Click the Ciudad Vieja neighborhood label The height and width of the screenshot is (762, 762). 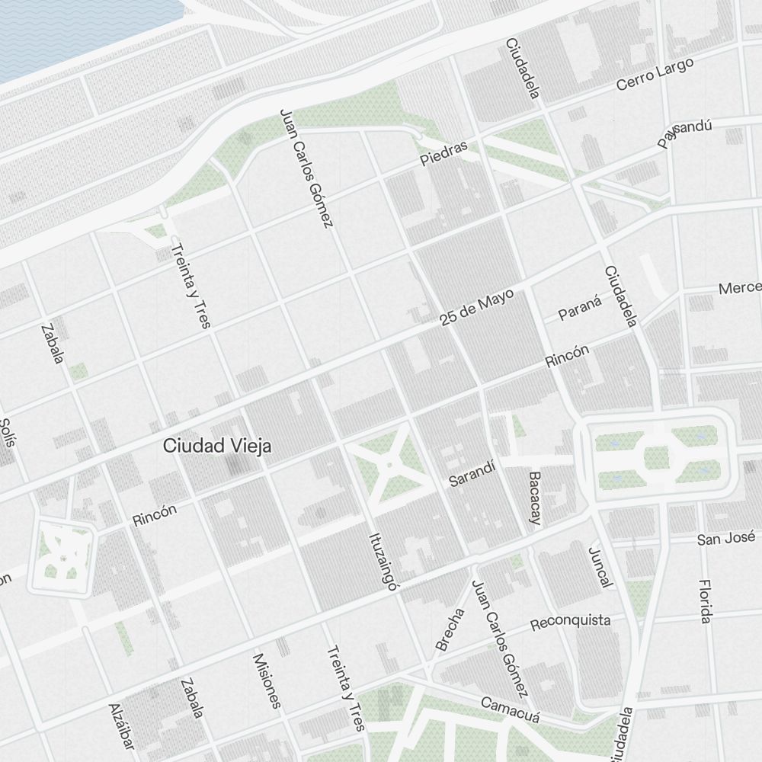(x=217, y=447)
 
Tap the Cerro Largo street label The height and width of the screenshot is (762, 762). (x=655, y=75)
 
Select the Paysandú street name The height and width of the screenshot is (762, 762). (x=685, y=133)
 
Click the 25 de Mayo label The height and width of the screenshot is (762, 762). (x=477, y=308)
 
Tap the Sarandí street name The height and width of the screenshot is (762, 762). (x=472, y=474)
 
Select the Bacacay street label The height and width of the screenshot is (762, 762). (x=534, y=498)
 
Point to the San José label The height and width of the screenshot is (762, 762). (x=725, y=539)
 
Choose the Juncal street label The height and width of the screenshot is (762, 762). (x=600, y=566)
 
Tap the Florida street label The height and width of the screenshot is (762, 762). (x=706, y=600)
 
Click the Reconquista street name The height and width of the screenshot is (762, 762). (x=570, y=622)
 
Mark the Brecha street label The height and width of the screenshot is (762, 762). (x=450, y=629)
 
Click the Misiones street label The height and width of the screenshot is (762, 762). (x=267, y=680)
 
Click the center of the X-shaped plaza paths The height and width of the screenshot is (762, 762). (x=389, y=463)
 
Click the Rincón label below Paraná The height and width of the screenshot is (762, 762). (x=568, y=356)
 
